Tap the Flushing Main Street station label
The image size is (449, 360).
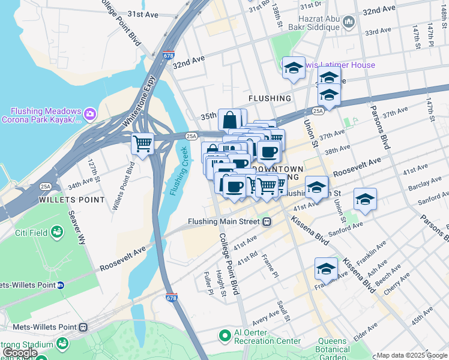[224, 221]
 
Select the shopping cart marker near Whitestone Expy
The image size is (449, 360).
[143, 143]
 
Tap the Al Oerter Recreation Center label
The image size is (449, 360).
[267, 335]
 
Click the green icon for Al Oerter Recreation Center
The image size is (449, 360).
[225, 335]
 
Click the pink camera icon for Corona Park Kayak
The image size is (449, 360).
[89, 113]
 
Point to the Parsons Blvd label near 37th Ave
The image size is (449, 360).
[379, 127]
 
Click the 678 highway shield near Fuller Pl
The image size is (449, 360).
[171, 297]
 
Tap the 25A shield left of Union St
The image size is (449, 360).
[318, 111]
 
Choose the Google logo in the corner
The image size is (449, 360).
[20, 353]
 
